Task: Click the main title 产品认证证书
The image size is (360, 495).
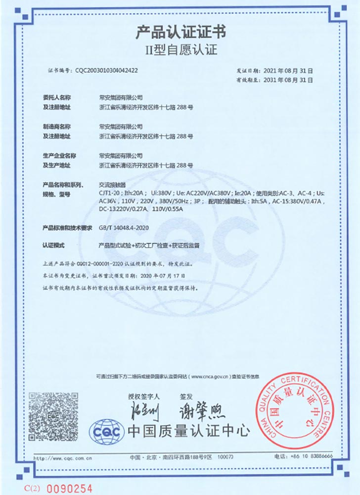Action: tap(180, 33)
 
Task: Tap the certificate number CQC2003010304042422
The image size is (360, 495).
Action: tap(106, 71)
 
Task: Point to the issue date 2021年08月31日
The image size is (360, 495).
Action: tap(289, 71)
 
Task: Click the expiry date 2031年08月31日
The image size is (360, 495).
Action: tap(289, 79)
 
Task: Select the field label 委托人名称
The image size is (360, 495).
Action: tap(57, 98)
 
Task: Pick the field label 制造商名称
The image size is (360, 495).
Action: tap(57, 127)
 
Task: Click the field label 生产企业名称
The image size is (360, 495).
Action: tap(59, 155)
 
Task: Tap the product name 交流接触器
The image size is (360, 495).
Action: tap(110, 184)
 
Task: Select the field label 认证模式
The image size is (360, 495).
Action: tap(54, 246)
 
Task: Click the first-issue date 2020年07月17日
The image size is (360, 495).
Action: tap(163, 275)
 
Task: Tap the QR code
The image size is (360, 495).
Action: tap(53, 415)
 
